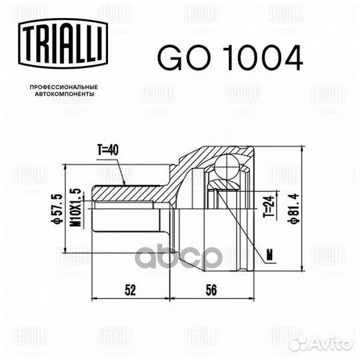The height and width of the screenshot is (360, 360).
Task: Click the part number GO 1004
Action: (230, 59)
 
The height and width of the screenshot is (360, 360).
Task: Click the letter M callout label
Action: (269, 253)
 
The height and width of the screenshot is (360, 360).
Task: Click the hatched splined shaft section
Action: (130, 192)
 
